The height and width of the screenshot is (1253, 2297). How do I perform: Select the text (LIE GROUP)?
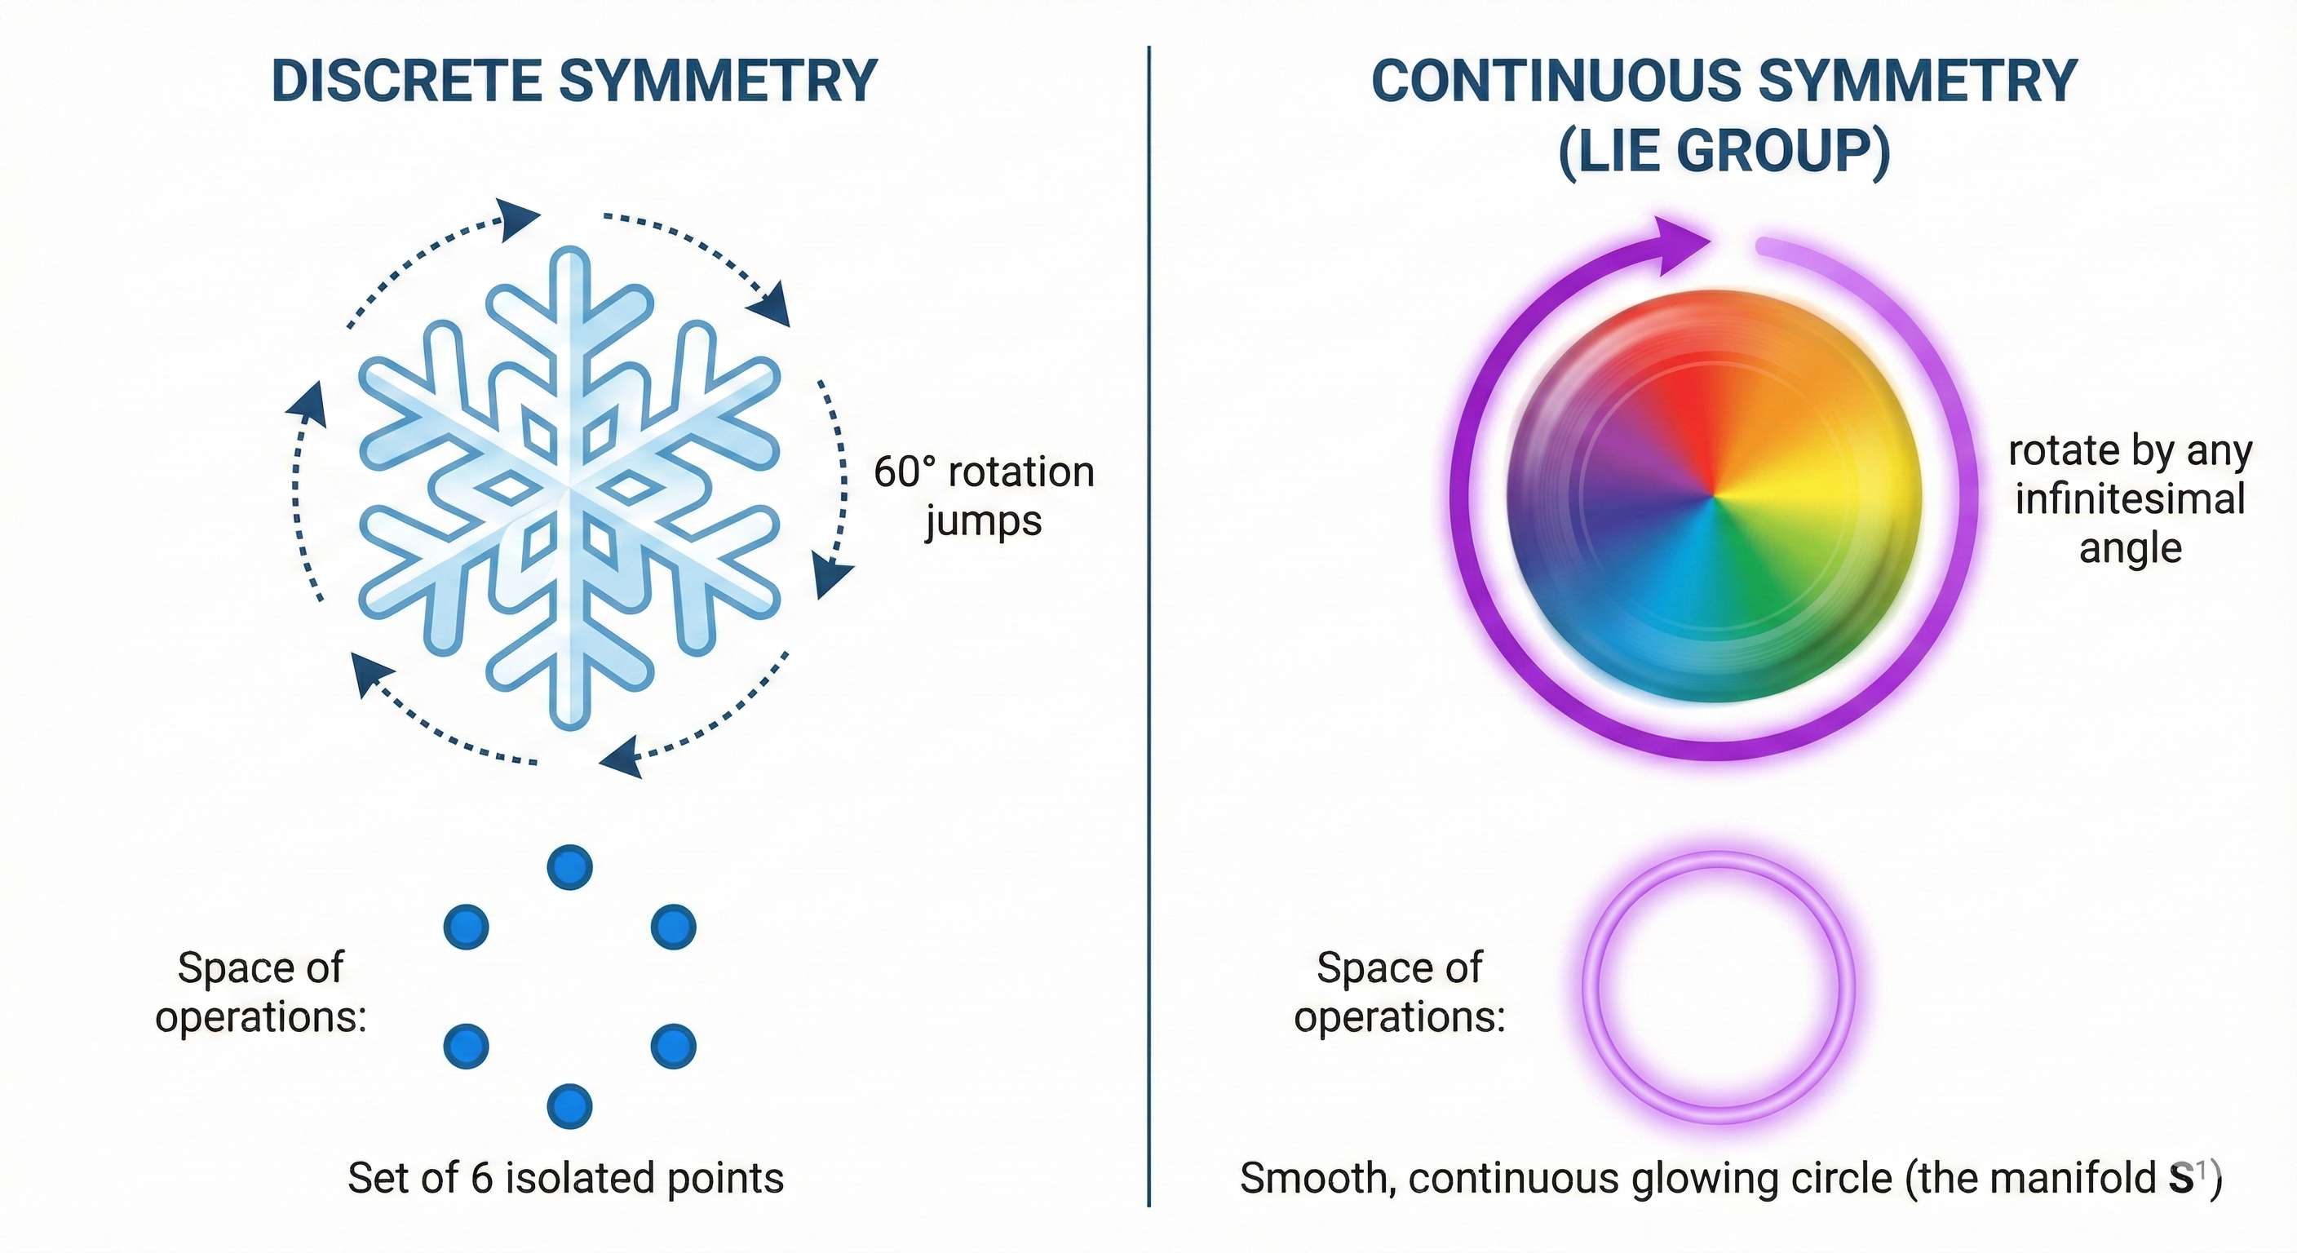[1724, 152]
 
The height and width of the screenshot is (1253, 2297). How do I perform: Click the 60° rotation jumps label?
[984, 495]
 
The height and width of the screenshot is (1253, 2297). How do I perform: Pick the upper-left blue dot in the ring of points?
[467, 927]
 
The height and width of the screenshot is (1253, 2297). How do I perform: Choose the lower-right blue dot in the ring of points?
[673, 1046]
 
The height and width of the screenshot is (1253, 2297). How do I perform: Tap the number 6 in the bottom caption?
[481, 1179]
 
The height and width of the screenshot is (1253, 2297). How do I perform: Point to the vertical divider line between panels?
[1148, 624]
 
